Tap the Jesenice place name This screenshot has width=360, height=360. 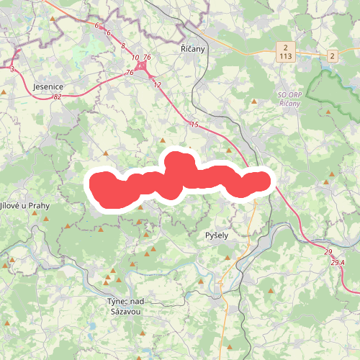coord(49,86)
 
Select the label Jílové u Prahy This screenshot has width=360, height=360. coord(23,206)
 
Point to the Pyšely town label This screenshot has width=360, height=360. coord(217,235)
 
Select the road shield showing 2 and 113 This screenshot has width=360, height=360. coord(286,50)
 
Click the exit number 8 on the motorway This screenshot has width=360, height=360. coord(123,46)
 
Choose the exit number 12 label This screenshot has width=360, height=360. coord(157,84)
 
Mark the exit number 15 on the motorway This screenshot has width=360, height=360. coord(194,125)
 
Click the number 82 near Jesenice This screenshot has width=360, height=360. coord(57,96)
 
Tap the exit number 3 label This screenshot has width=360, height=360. coord(12,69)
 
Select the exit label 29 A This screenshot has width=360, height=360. coord(338,263)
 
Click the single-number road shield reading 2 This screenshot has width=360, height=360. coord(332,55)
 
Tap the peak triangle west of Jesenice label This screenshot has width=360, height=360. coord(6,92)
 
